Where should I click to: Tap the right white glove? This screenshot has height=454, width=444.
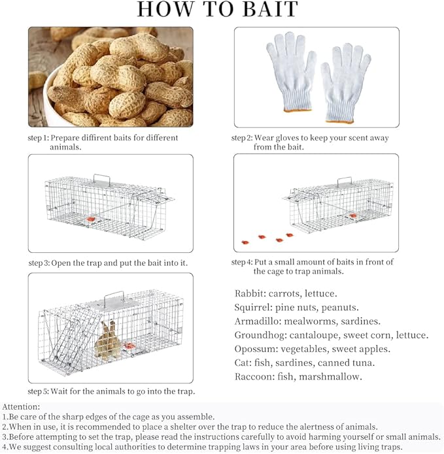pyautogui.click(x=347, y=82)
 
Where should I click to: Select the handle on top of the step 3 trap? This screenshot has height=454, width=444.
pyautogui.click(x=101, y=178)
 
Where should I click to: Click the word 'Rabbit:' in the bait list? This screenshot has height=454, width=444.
pyautogui.click(x=250, y=293)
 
